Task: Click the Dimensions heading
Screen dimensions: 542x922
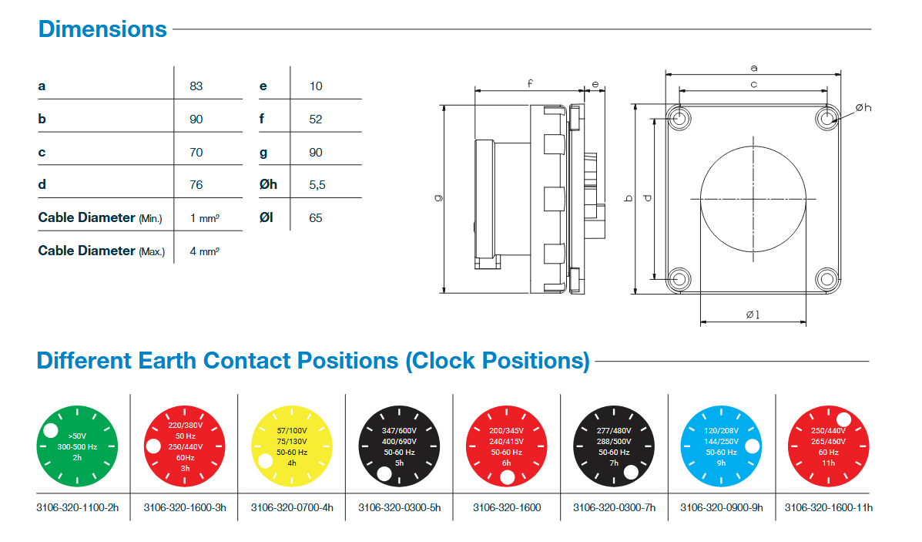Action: click(102, 29)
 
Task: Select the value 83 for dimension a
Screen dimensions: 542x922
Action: click(196, 86)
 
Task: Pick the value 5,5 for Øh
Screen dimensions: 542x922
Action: click(317, 185)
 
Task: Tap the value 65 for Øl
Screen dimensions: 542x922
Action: click(315, 218)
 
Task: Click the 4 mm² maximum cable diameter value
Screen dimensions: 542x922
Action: click(204, 251)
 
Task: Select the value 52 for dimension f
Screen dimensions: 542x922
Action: click(315, 119)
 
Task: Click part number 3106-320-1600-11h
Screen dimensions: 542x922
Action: click(828, 507)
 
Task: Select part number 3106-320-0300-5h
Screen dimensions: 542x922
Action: click(399, 507)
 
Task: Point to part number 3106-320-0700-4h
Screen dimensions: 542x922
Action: click(292, 507)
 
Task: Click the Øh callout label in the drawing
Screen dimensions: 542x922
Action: click(863, 108)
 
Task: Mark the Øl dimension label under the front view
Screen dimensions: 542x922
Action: click(753, 315)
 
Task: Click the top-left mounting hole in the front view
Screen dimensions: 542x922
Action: click(679, 118)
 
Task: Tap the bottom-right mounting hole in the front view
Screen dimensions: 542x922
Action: click(826, 278)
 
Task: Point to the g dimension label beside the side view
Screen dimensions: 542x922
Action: click(438, 197)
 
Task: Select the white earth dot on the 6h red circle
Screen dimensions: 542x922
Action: click(508, 479)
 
